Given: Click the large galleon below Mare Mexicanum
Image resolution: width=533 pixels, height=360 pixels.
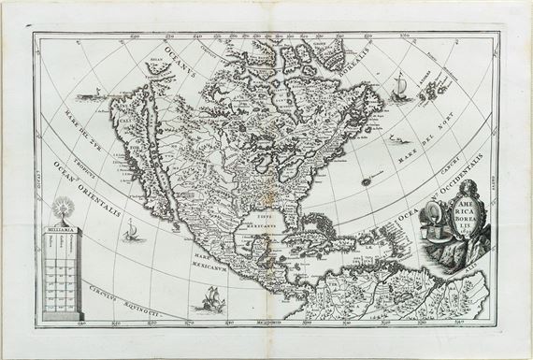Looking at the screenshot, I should pos(208,301).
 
